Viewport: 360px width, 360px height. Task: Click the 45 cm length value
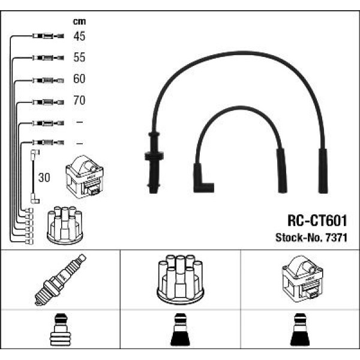(79, 37)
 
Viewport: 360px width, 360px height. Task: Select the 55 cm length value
(79, 58)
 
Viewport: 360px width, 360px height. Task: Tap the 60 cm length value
(79, 79)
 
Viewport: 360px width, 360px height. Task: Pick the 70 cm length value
(79, 101)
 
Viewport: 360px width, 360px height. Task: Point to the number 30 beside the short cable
(44, 178)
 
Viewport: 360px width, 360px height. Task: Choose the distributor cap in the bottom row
(180, 280)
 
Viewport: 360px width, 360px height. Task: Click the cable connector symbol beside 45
(45, 37)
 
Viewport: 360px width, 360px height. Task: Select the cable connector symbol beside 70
(45, 101)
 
